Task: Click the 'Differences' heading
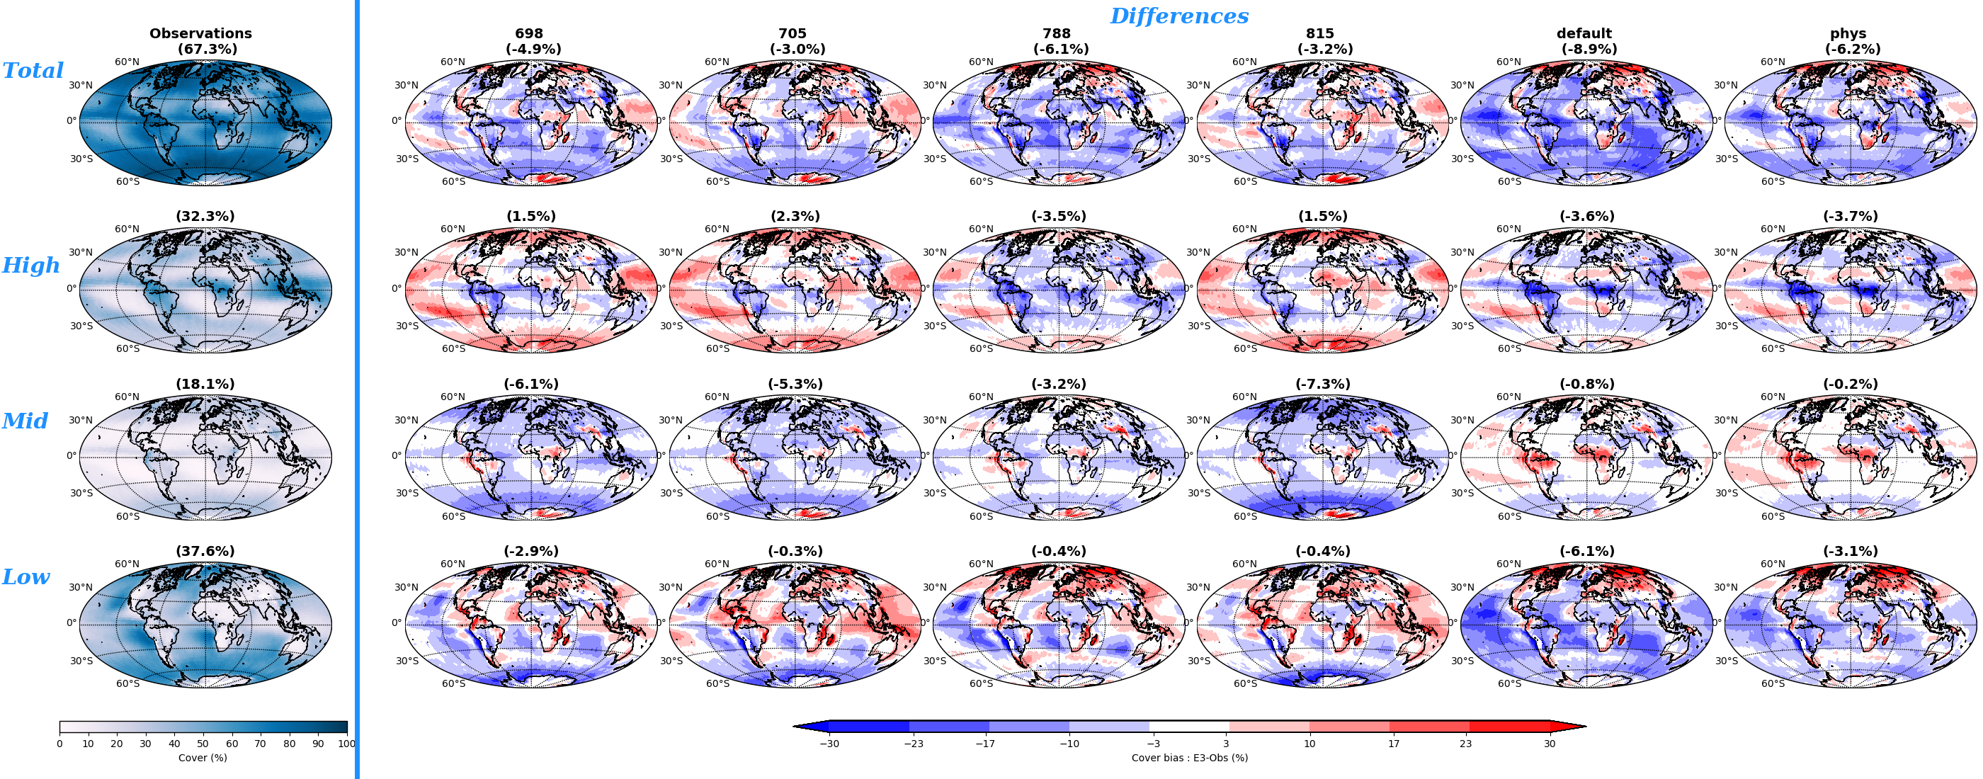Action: coord(1178,16)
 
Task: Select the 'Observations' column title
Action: coord(200,33)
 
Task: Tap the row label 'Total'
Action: coord(33,71)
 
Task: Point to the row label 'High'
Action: coord(30,266)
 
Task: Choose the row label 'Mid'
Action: coord(25,421)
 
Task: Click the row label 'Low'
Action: coord(25,577)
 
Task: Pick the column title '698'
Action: coord(529,33)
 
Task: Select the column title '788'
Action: coord(1056,33)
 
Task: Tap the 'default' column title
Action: coord(1584,33)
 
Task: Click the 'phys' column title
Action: coord(1848,33)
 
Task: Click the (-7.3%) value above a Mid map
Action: coord(1322,384)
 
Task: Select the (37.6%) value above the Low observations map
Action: coord(205,551)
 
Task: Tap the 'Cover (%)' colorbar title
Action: coord(203,758)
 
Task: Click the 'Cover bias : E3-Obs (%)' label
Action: coord(1189,758)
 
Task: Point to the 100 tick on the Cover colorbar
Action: coord(347,744)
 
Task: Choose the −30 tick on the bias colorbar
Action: coord(829,744)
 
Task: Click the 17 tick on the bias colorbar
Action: coord(1393,744)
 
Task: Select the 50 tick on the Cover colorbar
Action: coord(203,744)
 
